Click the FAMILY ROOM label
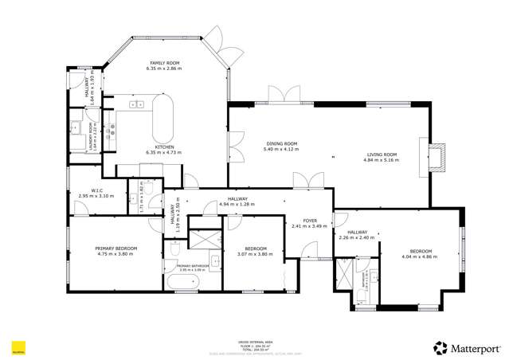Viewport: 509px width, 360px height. pyautogui.click(x=164, y=63)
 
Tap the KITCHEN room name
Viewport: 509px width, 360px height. pyautogui.click(x=164, y=147)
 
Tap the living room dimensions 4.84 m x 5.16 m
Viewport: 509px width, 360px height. pyautogui.click(x=381, y=160)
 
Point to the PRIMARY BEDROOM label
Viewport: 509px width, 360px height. pyautogui.click(x=117, y=248)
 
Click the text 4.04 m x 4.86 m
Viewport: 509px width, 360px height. pyautogui.click(x=420, y=256)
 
